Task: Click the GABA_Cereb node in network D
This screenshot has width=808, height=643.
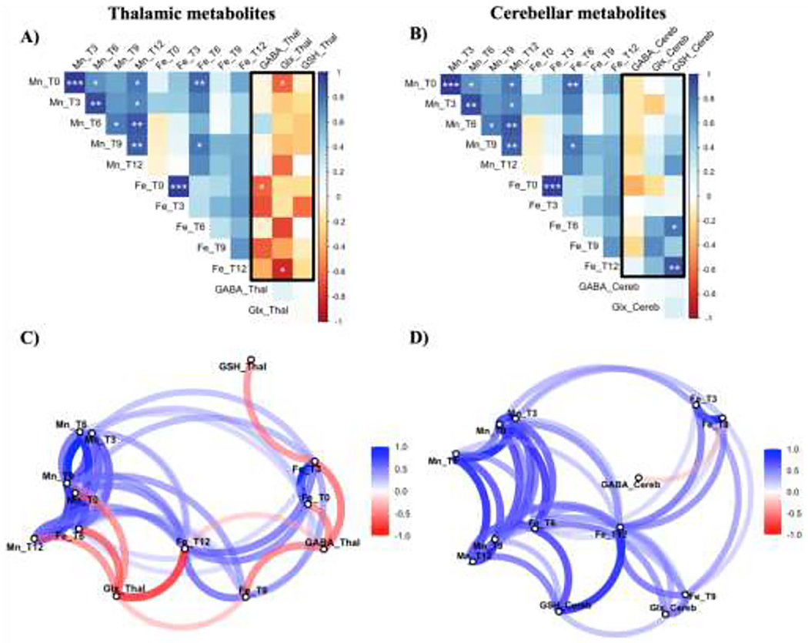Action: tap(638, 477)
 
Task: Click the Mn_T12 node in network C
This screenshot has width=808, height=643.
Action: tap(35, 537)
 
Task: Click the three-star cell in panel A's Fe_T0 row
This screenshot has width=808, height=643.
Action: tap(179, 187)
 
